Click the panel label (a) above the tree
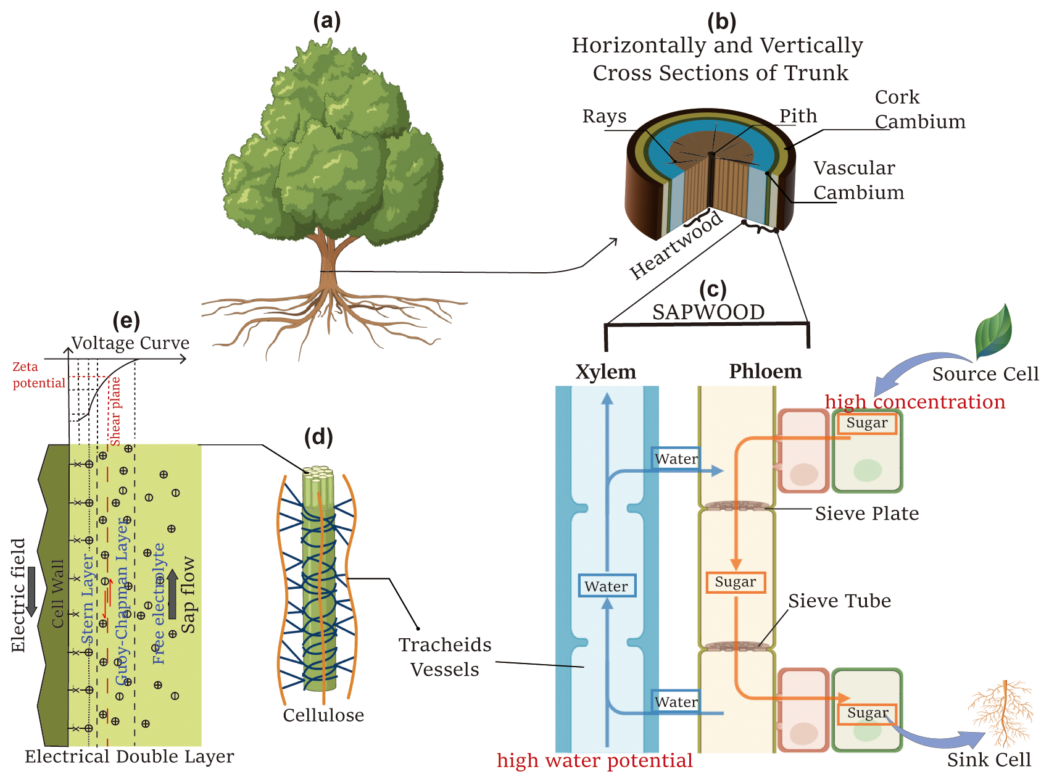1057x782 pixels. (326, 21)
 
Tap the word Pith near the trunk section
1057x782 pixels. (798, 116)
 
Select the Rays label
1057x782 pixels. (604, 116)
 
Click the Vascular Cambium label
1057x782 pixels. (858, 180)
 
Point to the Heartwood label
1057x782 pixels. (675, 246)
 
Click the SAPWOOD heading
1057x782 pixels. (708, 312)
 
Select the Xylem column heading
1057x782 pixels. (605, 372)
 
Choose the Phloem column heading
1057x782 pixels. (765, 371)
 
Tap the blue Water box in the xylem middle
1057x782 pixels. (607, 586)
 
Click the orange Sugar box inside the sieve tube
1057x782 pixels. (735, 582)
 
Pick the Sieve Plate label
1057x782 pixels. (866, 514)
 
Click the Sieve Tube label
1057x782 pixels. (839, 601)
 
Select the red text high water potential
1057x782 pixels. (595, 760)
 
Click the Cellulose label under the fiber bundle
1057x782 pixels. (323, 715)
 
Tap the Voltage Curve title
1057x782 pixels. (130, 343)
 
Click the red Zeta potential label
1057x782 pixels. (38, 375)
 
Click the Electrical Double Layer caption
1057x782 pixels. (130, 756)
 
